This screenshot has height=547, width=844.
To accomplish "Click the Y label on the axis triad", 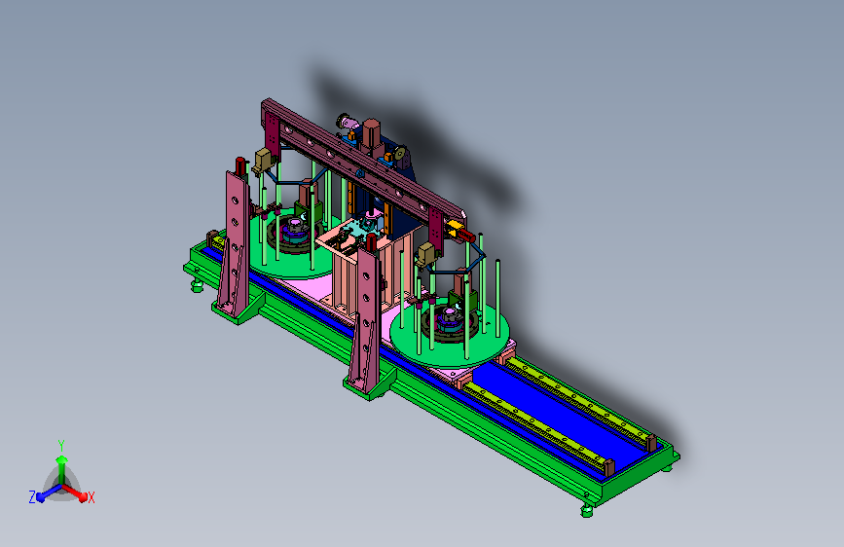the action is tap(61, 445).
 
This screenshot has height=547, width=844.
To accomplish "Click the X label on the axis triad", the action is tap(91, 497).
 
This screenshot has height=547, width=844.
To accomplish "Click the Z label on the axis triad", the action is tap(32, 497).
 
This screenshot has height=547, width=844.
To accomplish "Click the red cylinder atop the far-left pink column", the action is tap(240, 165).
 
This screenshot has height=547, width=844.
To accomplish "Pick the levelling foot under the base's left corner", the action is tap(198, 286).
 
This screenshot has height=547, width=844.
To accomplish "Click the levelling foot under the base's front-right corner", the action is tap(587, 510).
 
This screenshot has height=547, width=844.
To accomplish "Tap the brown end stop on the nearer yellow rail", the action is tap(608, 467).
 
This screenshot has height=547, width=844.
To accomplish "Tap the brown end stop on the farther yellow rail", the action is tap(651, 442).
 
